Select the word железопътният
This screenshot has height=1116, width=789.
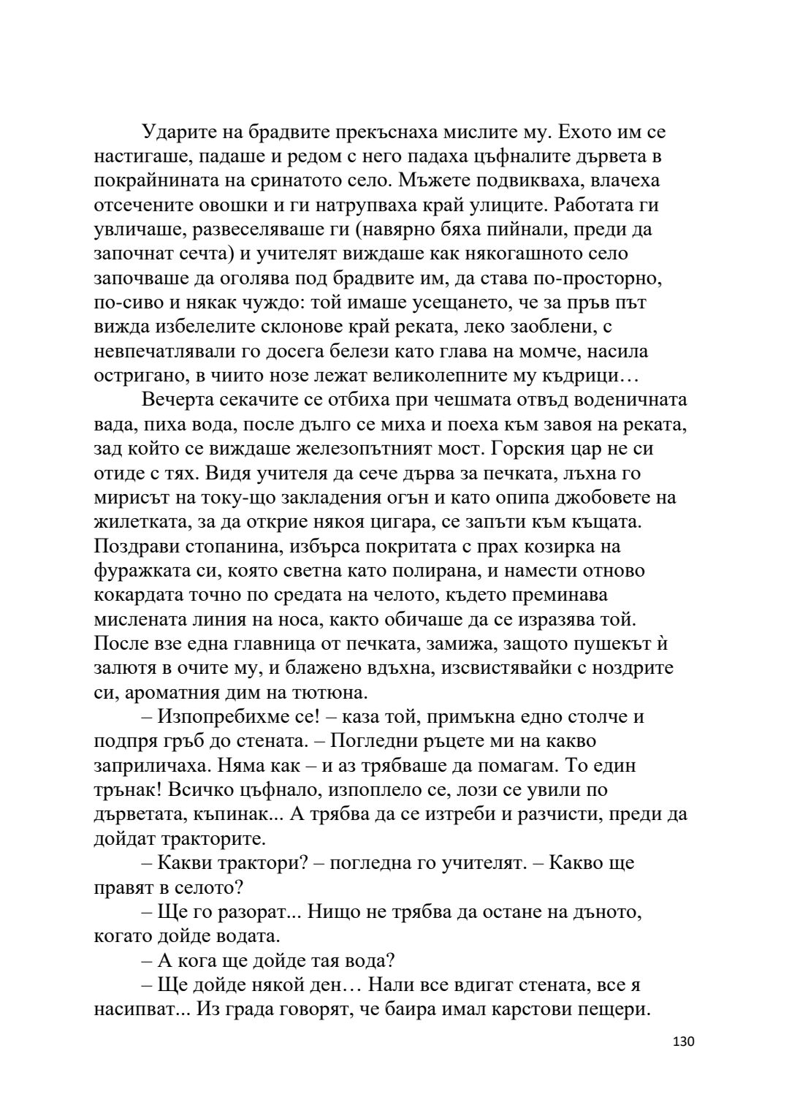coord(378,449)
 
